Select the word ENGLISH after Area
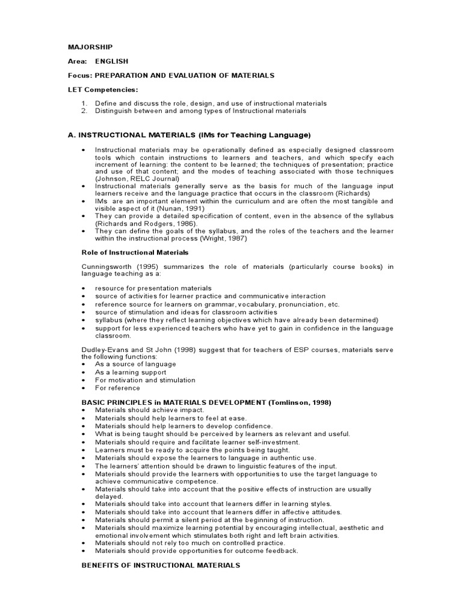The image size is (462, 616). [111, 61]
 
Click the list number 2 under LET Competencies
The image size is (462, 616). [84, 111]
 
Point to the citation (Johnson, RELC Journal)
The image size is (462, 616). [137, 179]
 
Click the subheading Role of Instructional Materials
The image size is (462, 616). [135, 253]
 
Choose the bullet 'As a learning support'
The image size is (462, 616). [131, 372]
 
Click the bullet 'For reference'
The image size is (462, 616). [117, 388]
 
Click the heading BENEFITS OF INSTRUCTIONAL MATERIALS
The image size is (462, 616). [161, 565]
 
